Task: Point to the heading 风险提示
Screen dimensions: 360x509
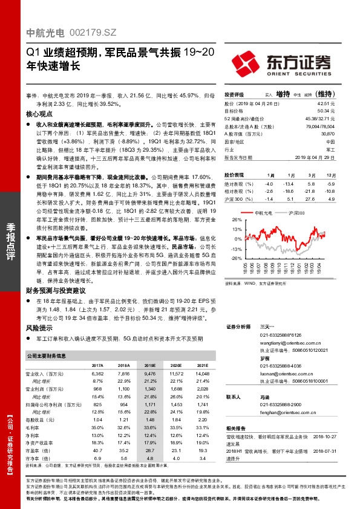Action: (42, 327)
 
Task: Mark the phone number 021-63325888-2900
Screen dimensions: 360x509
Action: (280, 404)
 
